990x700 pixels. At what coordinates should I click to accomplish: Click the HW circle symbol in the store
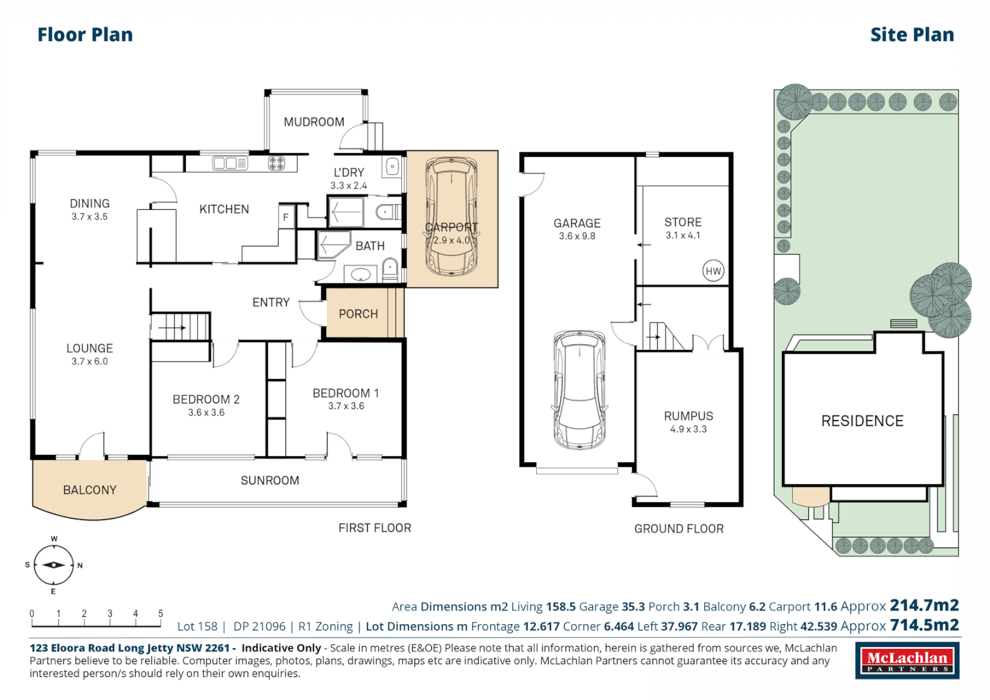point(713,271)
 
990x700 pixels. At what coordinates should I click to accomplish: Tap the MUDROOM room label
point(314,122)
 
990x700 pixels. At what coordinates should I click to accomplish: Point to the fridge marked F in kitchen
point(286,217)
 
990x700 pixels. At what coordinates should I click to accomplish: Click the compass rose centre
point(53,565)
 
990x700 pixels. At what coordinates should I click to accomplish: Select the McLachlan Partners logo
point(907,660)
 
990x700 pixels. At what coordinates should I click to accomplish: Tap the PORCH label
point(358,314)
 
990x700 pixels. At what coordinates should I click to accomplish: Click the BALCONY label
point(89,490)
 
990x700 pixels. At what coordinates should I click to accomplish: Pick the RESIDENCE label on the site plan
point(862,421)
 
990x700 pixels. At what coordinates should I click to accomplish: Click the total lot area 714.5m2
point(924,625)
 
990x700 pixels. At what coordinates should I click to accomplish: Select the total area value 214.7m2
point(924,605)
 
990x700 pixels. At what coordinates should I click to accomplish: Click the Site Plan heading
point(912,34)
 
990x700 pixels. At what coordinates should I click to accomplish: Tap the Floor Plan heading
point(85,34)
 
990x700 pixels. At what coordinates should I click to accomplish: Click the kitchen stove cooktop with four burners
point(277,163)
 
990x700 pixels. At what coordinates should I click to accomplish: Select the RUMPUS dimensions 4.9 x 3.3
point(689,429)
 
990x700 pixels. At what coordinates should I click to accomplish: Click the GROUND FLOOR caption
point(679,529)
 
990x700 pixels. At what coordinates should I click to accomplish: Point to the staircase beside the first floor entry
point(181,327)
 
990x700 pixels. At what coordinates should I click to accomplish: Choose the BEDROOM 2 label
point(206,399)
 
